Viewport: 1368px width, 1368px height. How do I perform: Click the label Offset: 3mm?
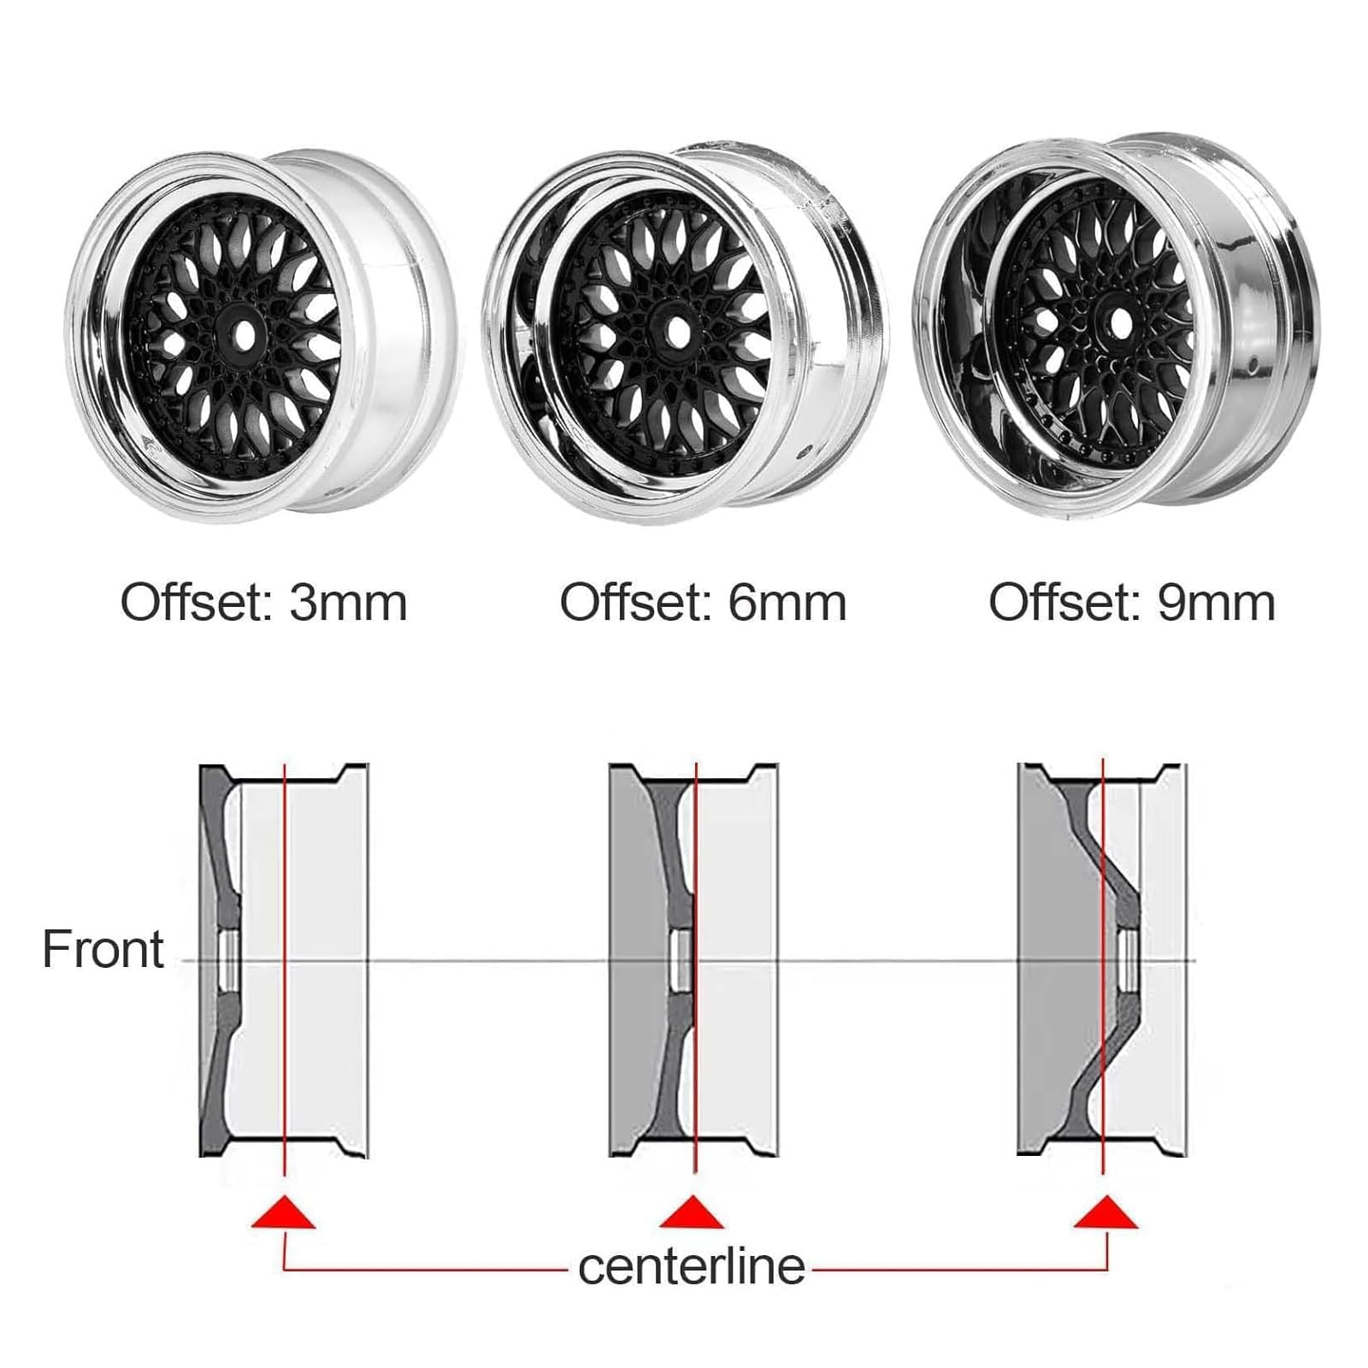(263, 603)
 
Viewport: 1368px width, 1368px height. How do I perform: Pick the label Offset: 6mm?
(703, 603)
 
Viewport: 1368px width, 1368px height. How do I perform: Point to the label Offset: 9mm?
(1132, 603)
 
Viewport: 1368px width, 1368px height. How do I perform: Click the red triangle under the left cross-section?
(283, 1212)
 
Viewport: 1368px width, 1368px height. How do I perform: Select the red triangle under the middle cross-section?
(693, 1212)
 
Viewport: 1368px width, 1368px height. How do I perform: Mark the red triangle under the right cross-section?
(1106, 1212)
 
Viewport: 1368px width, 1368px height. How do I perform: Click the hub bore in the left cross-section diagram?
(228, 960)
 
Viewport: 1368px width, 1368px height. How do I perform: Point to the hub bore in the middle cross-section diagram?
(681, 960)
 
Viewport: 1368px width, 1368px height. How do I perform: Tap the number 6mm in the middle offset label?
(787, 603)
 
